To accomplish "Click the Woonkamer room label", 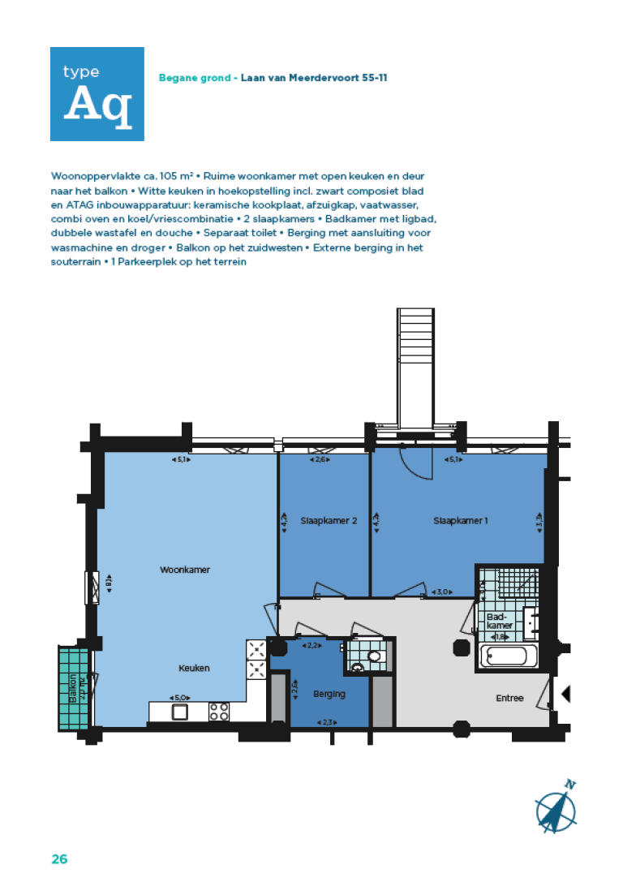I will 185,570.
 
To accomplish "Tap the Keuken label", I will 195,668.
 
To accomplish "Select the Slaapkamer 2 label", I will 329,521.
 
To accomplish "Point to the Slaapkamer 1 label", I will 461,521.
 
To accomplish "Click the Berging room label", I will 329,694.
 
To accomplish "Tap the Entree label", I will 510,698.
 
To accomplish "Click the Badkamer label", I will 499,621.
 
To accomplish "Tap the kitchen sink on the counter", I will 180,712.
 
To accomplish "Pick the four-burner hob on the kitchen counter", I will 219,712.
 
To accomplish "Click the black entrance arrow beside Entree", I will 566,694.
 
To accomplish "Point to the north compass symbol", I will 557,807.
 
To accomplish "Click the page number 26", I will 59,858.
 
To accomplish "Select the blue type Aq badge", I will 97,94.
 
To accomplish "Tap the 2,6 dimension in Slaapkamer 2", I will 320,460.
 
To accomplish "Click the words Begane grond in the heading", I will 197,79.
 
